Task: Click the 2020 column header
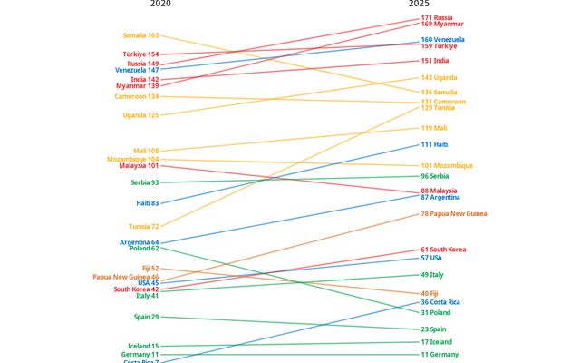click(x=159, y=5)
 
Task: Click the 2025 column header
click(x=419, y=5)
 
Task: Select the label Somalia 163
click(x=140, y=35)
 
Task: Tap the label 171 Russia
click(x=438, y=18)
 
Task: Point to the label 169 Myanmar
click(x=442, y=25)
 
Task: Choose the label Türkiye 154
click(x=140, y=54)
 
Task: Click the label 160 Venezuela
click(x=443, y=40)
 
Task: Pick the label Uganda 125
click(x=140, y=115)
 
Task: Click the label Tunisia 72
click(x=142, y=226)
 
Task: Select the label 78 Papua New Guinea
click(x=454, y=214)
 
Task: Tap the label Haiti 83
click(x=148, y=203)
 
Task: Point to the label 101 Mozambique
click(x=447, y=166)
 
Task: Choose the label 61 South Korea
click(x=444, y=250)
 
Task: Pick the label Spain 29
click(x=146, y=317)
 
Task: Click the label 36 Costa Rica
click(x=440, y=302)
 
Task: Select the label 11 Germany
click(x=440, y=354)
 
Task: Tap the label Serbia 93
click(x=144, y=182)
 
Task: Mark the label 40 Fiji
click(x=430, y=293)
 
